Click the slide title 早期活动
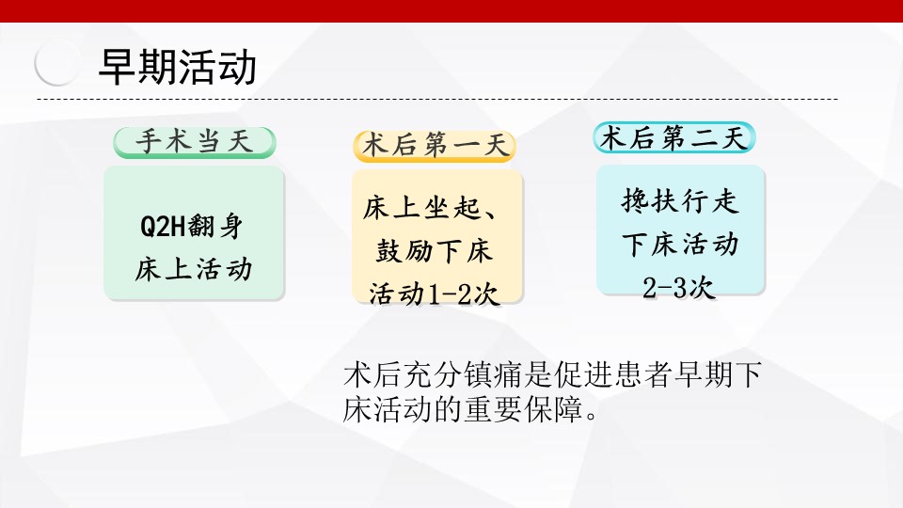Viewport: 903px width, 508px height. coord(178,67)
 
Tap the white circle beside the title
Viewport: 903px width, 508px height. coord(57,63)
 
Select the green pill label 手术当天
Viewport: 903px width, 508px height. coord(195,142)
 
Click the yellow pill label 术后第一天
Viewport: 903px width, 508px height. coord(435,146)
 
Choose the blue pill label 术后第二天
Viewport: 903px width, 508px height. coord(673,137)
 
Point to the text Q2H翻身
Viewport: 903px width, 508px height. coord(191,226)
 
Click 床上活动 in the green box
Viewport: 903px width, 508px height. coord(194,269)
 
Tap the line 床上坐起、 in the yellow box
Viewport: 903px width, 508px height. coord(430,208)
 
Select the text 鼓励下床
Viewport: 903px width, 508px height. coord(435,251)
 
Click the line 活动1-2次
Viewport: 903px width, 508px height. coord(434,294)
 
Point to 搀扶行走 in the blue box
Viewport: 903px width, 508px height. coord(679,201)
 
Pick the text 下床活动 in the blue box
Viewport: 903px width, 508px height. coord(680,245)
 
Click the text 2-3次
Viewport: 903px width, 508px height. coord(679,288)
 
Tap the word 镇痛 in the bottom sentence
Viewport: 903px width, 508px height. coord(492,374)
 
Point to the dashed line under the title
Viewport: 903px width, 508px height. coord(437,100)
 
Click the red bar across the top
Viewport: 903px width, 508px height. coord(451,11)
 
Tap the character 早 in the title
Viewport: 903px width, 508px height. coord(118,67)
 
